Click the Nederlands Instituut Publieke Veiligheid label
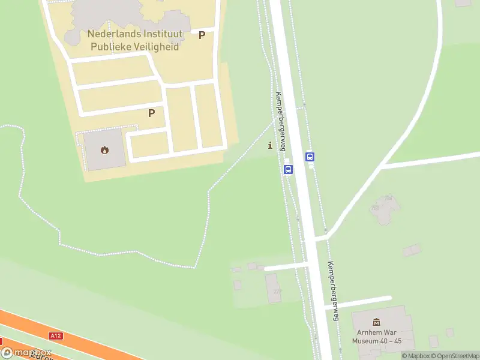tap(134, 40)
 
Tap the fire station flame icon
tap(105, 150)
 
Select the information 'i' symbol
tap(270, 145)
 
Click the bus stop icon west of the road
tap(288, 169)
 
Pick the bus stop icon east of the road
tap(310, 157)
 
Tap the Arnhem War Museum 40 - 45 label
tap(377, 336)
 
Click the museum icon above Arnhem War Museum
tap(377, 322)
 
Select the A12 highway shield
tap(55, 335)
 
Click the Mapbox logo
tap(26, 353)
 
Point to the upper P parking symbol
tap(202, 35)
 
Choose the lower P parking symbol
tap(151, 112)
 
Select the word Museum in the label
tap(365, 341)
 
